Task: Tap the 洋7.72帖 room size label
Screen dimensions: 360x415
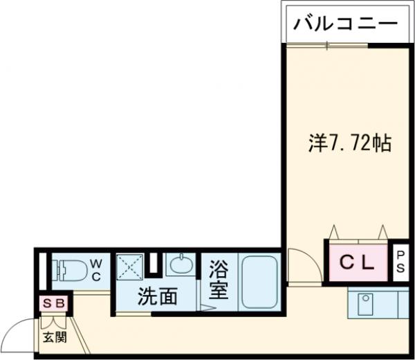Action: click(350, 143)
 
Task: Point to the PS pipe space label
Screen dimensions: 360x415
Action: click(401, 264)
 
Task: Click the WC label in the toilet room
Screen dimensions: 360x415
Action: click(96, 269)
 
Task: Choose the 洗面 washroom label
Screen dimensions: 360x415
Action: click(156, 296)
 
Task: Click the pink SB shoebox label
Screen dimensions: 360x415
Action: click(54, 303)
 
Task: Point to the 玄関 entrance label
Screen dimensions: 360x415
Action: click(55, 338)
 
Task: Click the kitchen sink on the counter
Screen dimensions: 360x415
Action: click(365, 303)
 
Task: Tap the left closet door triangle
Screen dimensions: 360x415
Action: click(335, 231)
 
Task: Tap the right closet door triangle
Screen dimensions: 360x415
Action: click(382, 231)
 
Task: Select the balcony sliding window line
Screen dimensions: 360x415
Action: click(325, 45)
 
